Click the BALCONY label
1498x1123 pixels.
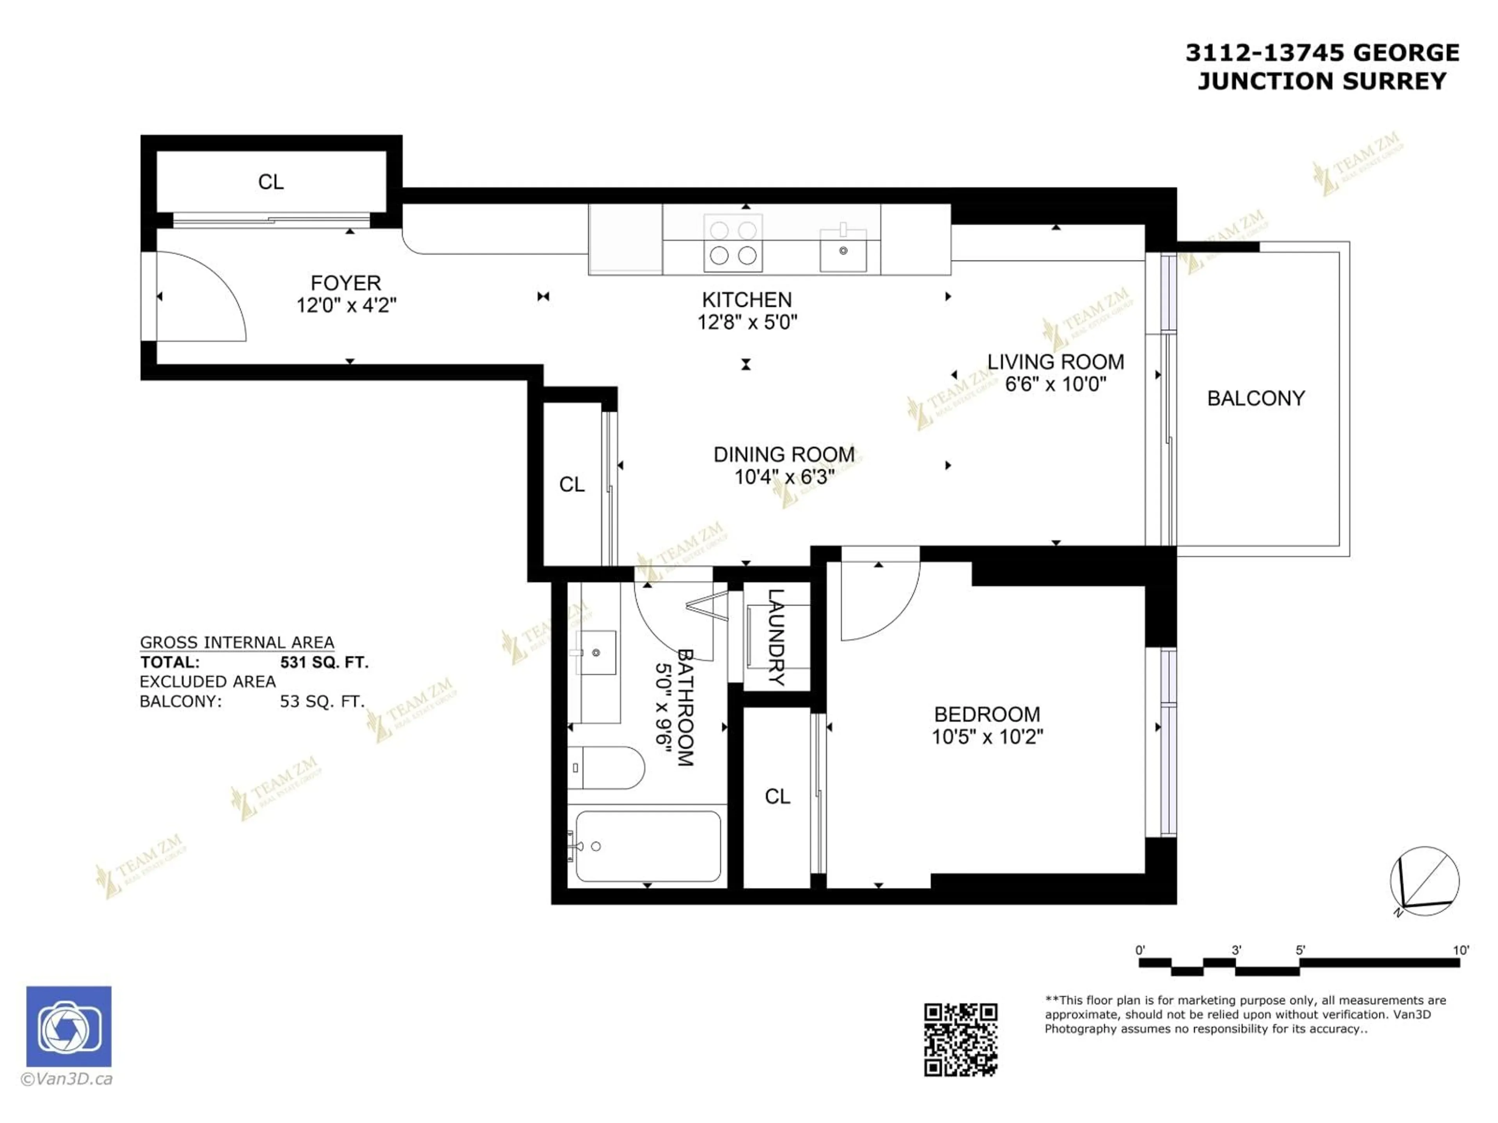(1256, 398)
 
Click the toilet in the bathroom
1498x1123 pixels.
(606, 768)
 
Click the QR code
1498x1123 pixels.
(960, 1040)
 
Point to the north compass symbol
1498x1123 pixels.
(1424, 881)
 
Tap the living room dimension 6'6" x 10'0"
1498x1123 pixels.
(1055, 384)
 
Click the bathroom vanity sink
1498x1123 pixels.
(596, 652)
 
